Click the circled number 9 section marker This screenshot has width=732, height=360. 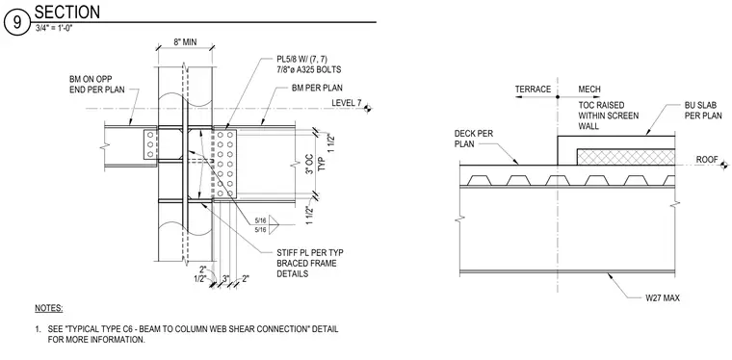[x=16, y=23]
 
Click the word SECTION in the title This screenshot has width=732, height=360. [x=67, y=12]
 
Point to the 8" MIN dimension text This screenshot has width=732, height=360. [x=185, y=42]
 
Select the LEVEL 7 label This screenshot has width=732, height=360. [x=347, y=103]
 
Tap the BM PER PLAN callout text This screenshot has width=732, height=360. [x=317, y=88]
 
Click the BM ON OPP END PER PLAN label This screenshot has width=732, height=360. [x=96, y=85]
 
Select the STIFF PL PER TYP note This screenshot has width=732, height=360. [x=310, y=263]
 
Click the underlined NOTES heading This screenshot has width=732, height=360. [x=48, y=308]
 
